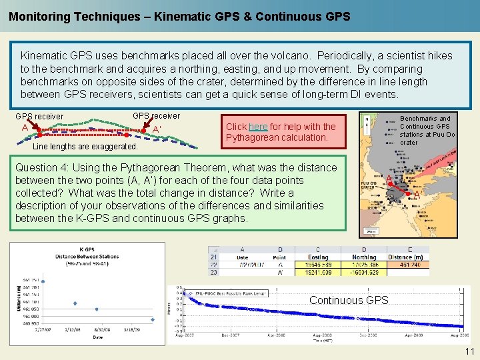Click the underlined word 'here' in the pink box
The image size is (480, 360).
coord(258,127)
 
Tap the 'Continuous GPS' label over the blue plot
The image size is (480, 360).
coord(349,300)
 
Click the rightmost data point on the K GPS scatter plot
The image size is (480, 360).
coord(152,319)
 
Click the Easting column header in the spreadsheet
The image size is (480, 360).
coord(318,257)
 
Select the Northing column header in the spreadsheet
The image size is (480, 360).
coord(364,257)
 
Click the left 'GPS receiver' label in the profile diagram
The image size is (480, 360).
coord(39,117)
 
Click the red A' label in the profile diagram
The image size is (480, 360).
coord(157,129)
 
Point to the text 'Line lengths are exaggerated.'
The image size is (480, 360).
coord(85,146)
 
